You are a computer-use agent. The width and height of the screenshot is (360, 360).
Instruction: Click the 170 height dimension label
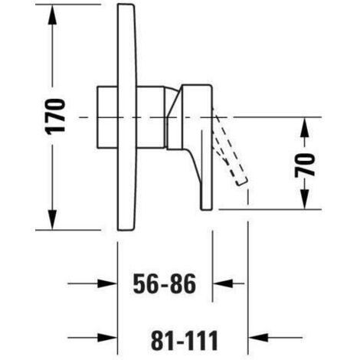[x=55, y=116]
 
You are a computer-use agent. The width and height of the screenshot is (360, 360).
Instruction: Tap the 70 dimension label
[x=305, y=165]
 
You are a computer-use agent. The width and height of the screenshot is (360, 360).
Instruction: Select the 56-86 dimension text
[x=165, y=283]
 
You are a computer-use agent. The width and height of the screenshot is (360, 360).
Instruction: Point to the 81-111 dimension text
[x=185, y=340]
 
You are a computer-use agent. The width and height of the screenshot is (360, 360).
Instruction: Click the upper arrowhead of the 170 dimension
[x=52, y=15]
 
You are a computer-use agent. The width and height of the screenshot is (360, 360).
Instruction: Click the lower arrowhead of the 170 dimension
[x=52, y=219]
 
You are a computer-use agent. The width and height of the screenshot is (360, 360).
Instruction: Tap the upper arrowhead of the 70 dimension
[x=305, y=128]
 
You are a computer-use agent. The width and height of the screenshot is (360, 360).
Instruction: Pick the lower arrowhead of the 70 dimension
[x=305, y=198]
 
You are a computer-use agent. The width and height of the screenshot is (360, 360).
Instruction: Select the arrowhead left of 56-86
[x=107, y=283]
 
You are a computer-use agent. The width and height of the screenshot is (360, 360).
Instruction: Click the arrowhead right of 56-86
[x=223, y=283]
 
